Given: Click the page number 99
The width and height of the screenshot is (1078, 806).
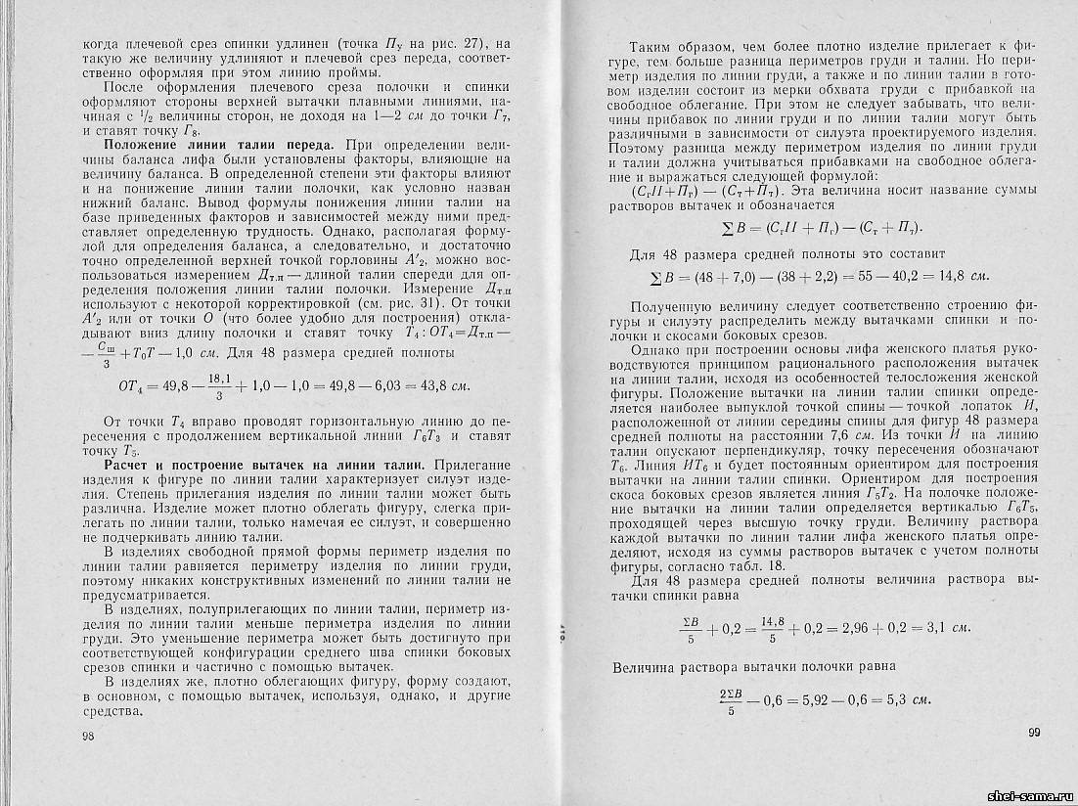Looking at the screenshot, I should click(1036, 733).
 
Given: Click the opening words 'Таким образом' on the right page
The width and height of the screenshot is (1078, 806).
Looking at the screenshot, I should click(676, 46).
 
